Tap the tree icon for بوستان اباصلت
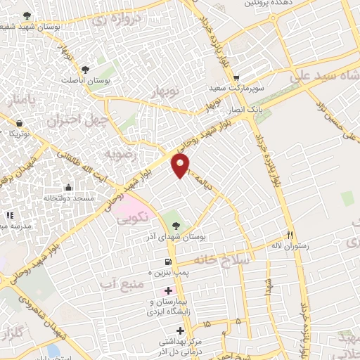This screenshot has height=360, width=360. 85,70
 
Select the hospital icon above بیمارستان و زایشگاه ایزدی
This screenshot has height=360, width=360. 167,290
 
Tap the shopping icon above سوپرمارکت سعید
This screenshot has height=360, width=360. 236,78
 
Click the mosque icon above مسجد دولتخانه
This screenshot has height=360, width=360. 67,187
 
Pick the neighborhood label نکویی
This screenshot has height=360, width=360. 135,219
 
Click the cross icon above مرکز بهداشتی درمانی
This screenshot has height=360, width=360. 181,330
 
